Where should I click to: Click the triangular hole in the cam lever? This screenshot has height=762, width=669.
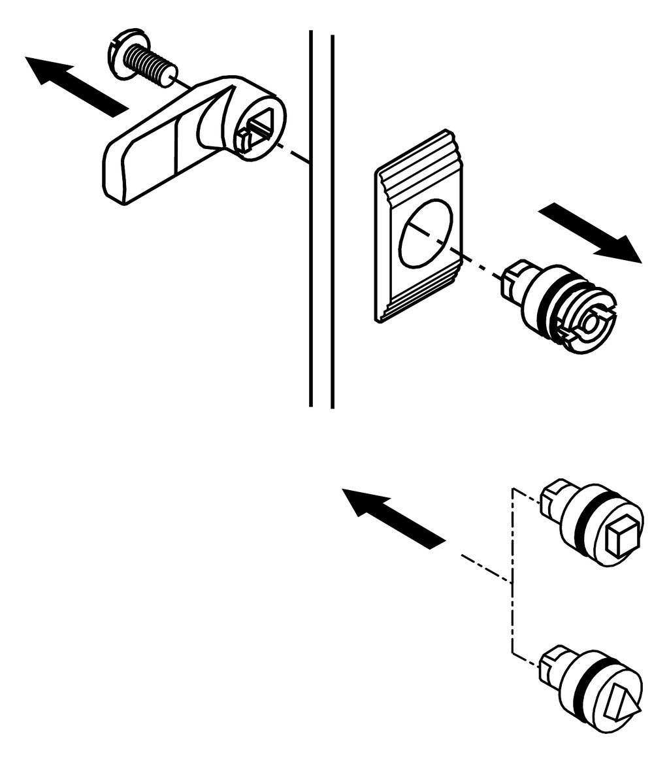coord(261,124)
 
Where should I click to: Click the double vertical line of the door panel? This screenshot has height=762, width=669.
coord(321,261)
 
